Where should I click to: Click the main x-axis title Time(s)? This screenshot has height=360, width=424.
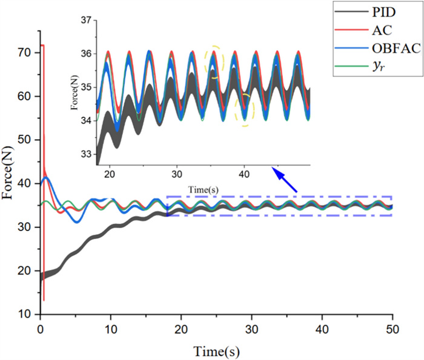(x=216, y=350)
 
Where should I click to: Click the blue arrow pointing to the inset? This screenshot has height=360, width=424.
(x=285, y=181)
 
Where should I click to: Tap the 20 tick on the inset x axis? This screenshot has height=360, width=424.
(x=110, y=174)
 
